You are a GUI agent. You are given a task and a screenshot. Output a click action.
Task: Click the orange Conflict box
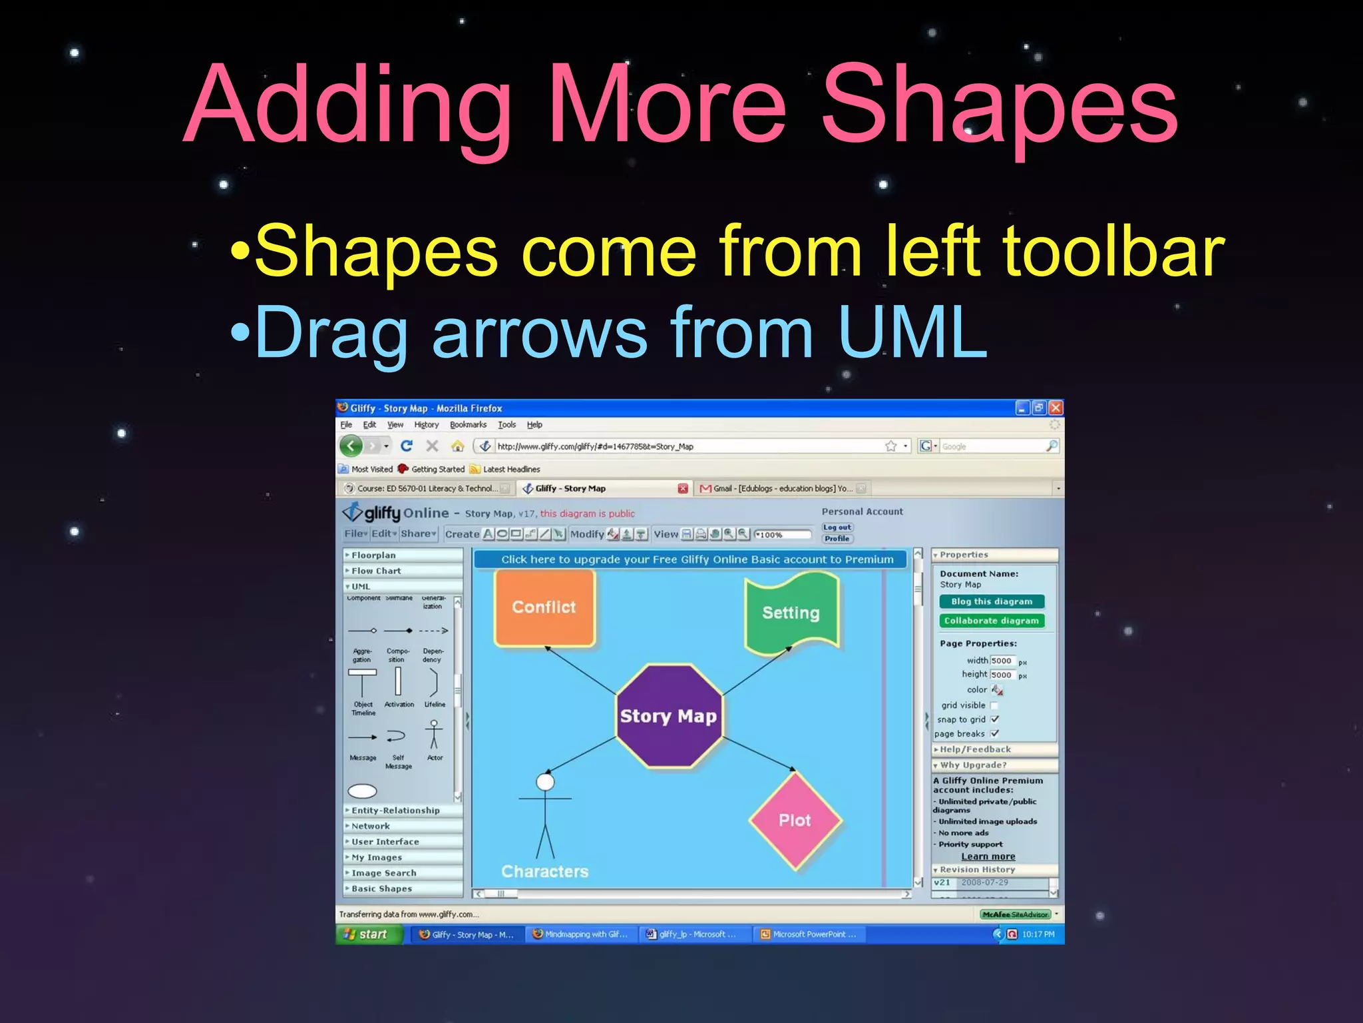click(544, 607)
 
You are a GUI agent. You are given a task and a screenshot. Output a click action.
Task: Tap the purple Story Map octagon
click(668, 716)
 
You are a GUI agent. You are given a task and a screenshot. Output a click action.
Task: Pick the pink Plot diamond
click(795, 820)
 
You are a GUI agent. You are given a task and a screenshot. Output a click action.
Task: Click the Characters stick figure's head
click(545, 782)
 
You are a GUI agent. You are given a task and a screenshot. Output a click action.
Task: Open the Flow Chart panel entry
click(376, 571)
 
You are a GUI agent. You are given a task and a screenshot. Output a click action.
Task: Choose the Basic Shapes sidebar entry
click(381, 888)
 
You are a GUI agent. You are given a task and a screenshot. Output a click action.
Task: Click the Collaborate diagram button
click(991, 621)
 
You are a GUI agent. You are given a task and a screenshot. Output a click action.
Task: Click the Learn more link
click(988, 856)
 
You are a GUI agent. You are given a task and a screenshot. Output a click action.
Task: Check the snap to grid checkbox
click(994, 719)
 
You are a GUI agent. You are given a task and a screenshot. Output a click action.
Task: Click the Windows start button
click(368, 934)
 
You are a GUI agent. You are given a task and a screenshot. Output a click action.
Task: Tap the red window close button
click(1056, 408)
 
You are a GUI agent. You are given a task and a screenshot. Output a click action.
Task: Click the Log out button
click(837, 527)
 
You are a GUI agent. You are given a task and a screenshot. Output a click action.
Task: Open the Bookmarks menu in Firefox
click(468, 425)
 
